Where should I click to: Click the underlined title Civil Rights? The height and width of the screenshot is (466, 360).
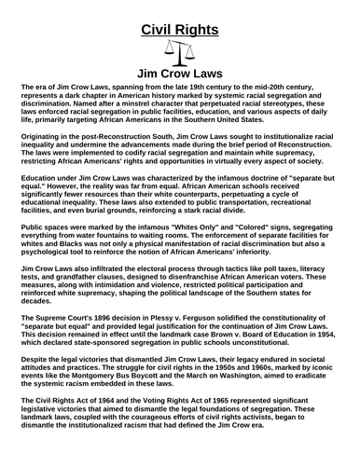pyautogui.click(x=179, y=29)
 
